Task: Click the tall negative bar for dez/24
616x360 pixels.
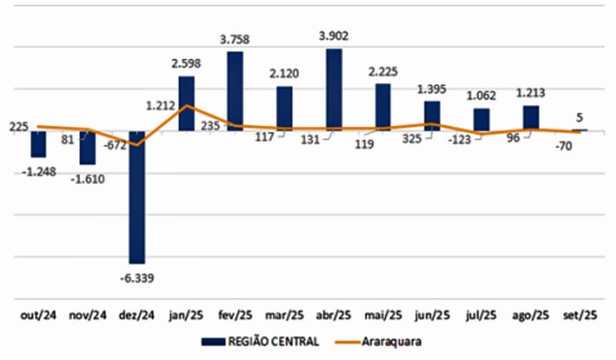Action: [136, 197]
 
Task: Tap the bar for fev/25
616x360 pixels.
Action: [235, 92]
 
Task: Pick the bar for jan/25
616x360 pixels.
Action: [186, 104]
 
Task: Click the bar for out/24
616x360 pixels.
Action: [38, 144]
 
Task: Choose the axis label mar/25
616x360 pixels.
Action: [284, 314]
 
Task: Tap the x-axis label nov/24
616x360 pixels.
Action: [87, 314]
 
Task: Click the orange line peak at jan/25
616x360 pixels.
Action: [187, 106]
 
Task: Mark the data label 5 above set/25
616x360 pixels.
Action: [580, 116]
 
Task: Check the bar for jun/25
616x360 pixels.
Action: [431, 116]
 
